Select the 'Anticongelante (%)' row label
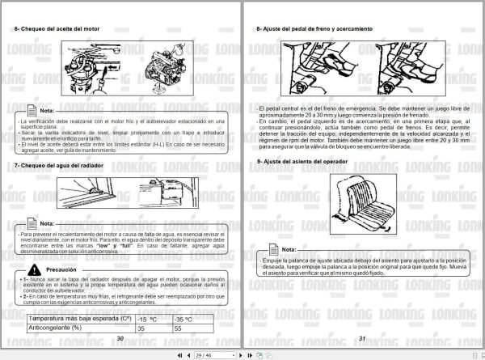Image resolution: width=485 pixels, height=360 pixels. pyautogui.click(x=55, y=328)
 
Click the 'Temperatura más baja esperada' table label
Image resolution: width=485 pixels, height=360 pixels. pyautogui.click(x=69, y=318)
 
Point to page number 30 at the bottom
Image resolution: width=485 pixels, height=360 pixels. pyautogui.click(x=120, y=340)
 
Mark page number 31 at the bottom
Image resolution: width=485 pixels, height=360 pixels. pyautogui.click(x=362, y=340)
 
